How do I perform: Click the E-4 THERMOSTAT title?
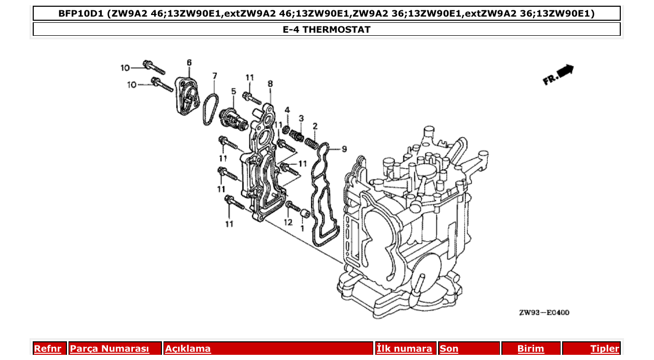pyautogui.click(x=326, y=30)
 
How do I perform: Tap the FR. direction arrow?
pyautogui.click(x=558, y=75)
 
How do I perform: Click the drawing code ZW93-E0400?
pyautogui.click(x=544, y=313)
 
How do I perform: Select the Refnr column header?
pyautogui.click(x=47, y=349)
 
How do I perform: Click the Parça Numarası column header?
pyautogui.click(x=110, y=349)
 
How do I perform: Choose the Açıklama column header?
pyautogui.click(x=188, y=349)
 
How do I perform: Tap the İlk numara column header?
pyautogui.click(x=404, y=349)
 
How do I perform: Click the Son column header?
pyautogui.click(x=449, y=349)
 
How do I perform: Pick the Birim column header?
pyautogui.click(x=530, y=349)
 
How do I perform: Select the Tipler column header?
pyautogui.click(x=604, y=349)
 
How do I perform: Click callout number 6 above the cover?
pyautogui.click(x=189, y=63)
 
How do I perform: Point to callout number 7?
pyautogui.click(x=214, y=76)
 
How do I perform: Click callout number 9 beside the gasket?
pyautogui.click(x=344, y=149)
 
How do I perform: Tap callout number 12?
pyautogui.click(x=288, y=222)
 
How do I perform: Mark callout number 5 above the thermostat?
pyautogui.click(x=234, y=91)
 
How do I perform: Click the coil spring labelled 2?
pyautogui.click(x=311, y=141)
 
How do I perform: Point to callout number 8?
pyautogui.click(x=270, y=83)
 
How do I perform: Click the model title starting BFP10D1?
pyautogui.click(x=326, y=13)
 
